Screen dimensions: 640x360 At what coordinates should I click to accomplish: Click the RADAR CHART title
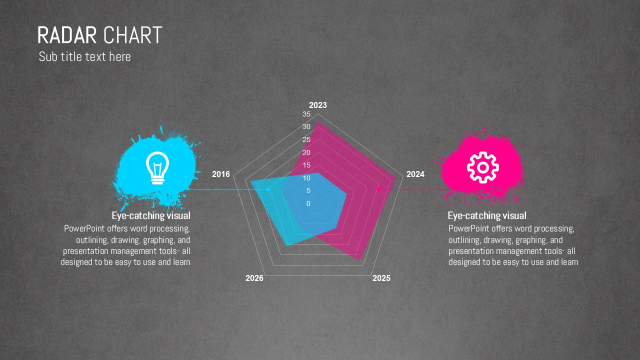click(x=99, y=35)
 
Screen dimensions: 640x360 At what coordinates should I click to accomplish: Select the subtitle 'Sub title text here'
click(x=85, y=56)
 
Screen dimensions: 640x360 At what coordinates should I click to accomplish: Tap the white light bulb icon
click(x=157, y=168)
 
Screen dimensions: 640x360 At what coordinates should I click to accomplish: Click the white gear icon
click(x=483, y=167)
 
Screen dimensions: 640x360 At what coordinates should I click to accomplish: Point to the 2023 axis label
click(x=318, y=105)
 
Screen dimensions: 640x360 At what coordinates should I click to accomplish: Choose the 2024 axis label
click(x=415, y=174)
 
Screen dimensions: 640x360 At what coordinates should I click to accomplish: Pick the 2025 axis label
click(x=381, y=278)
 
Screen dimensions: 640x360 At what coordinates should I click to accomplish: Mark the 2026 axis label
click(x=254, y=278)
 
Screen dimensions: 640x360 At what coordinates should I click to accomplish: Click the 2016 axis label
click(x=221, y=174)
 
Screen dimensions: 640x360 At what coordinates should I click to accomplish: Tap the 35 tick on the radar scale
click(x=306, y=114)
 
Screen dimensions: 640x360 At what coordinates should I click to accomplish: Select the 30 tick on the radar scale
click(x=306, y=126)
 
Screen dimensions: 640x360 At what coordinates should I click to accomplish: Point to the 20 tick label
click(x=306, y=152)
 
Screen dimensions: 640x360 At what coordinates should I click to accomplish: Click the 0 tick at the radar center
click(x=308, y=203)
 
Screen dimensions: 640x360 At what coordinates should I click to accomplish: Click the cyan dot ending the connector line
click(x=268, y=189)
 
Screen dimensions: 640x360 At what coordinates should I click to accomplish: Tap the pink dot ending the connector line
click(x=379, y=189)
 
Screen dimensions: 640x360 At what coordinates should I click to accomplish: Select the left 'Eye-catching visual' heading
click(x=151, y=215)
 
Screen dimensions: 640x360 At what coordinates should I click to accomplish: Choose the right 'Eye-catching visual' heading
click(x=487, y=215)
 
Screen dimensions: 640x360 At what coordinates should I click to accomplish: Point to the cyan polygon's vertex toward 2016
click(x=250, y=181)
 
